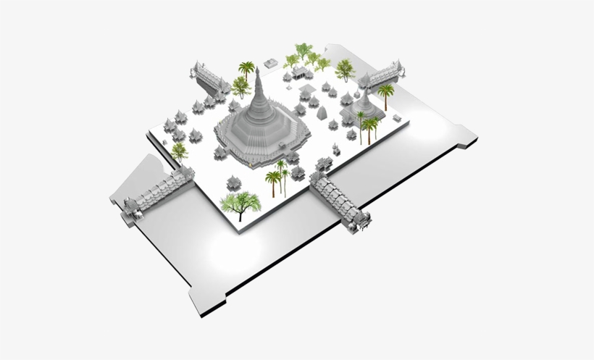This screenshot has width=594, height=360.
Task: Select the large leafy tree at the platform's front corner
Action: pos(238,202)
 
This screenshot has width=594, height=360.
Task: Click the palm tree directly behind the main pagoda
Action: pos(247,70)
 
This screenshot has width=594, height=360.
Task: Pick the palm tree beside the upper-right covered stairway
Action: pos(385,93)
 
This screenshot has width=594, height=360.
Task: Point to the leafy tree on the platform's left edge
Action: pos(179,151)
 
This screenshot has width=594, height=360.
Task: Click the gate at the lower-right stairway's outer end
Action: pos(361,223)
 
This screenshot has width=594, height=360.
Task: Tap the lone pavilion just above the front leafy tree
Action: pos(234,181)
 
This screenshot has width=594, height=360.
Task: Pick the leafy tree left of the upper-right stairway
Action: pos(345,69)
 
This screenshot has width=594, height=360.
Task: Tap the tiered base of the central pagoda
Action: pos(261,134)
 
